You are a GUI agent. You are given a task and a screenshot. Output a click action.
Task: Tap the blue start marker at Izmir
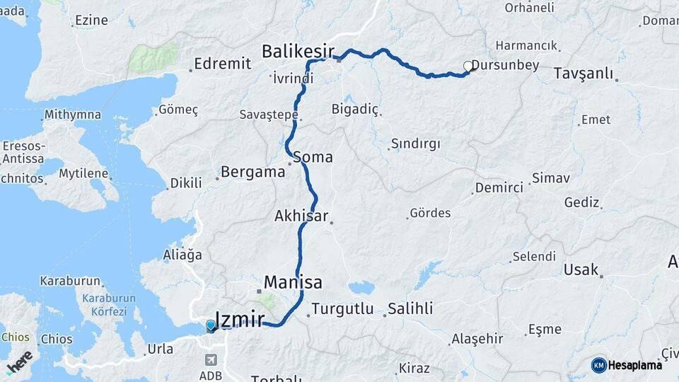(210, 325)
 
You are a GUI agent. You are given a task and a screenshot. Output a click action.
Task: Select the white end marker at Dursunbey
(468, 66)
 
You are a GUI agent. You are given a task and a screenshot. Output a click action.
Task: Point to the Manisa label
(293, 282)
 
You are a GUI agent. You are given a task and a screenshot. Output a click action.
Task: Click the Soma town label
(313, 157)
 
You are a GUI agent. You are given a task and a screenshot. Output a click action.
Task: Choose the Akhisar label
(301, 216)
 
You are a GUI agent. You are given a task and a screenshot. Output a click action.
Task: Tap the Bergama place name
(253, 172)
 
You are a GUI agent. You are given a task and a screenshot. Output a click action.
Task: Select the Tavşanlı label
(583, 74)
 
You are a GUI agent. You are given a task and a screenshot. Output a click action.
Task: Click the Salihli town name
(410, 309)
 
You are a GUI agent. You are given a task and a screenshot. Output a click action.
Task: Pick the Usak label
(581, 270)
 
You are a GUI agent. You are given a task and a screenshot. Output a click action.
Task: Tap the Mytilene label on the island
(83, 173)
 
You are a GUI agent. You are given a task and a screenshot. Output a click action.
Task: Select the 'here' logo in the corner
(19, 361)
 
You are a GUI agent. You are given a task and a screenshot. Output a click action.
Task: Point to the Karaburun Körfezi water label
(104, 305)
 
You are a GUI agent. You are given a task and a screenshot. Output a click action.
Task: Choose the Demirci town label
(499, 187)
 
